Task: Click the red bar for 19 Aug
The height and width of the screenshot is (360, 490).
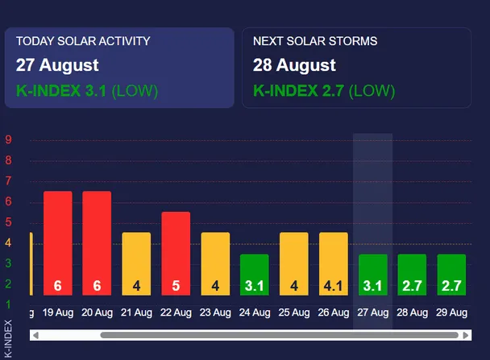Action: point(58,243)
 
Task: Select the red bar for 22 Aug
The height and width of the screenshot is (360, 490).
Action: point(176,254)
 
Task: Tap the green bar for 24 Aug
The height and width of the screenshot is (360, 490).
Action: point(255,275)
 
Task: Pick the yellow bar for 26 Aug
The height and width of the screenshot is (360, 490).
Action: point(334,264)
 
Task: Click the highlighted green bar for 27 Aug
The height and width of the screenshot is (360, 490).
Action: point(373,275)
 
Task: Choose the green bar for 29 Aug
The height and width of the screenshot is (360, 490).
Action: point(451,275)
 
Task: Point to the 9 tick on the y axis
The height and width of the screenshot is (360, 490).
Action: point(8,139)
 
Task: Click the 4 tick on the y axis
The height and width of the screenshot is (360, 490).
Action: point(8,242)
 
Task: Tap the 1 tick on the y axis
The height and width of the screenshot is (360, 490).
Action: point(8,304)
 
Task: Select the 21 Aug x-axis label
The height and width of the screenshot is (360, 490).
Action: point(136,312)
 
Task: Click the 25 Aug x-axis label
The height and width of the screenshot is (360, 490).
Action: point(294,312)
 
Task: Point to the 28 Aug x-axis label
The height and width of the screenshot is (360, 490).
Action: point(412,312)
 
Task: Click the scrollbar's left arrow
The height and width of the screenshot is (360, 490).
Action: point(35,335)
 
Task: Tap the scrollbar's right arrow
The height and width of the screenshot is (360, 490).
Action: point(466,335)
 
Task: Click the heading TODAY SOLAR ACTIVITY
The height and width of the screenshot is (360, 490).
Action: point(83,41)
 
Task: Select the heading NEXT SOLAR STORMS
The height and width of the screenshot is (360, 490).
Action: point(315,41)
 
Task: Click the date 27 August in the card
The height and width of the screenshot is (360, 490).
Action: point(57,65)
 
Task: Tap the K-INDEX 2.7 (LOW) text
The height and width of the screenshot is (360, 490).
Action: point(324,91)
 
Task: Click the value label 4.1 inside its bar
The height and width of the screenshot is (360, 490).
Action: point(334,286)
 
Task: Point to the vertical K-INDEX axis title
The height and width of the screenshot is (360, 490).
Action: point(8,339)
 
